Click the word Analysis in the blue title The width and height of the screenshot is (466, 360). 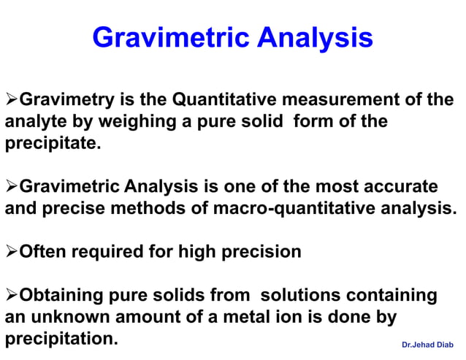pyautogui.click(x=315, y=38)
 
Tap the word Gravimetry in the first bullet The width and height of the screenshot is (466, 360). pyautogui.click(x=65, y=99)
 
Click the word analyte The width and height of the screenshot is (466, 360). pyautogui.click(x=32, y=120)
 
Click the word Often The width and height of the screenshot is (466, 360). pyautogui.click(x=41, y=253)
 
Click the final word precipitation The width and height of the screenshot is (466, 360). pyautogui.click(x=61, y=340)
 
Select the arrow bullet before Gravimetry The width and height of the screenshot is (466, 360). pyautogui.click(x=11, y=99)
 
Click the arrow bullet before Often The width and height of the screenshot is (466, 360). pyautogui.click(x=11, y=253)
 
